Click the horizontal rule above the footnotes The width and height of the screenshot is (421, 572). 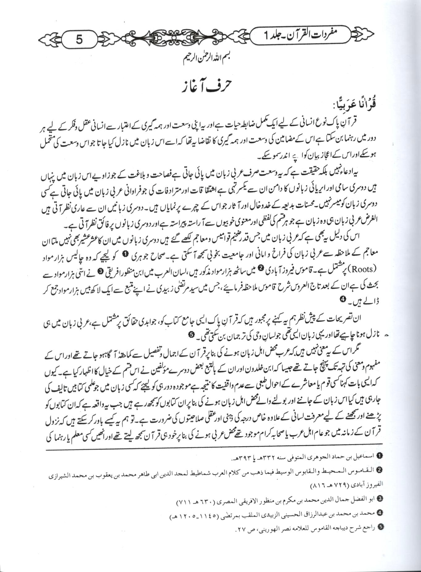(210, 448)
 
